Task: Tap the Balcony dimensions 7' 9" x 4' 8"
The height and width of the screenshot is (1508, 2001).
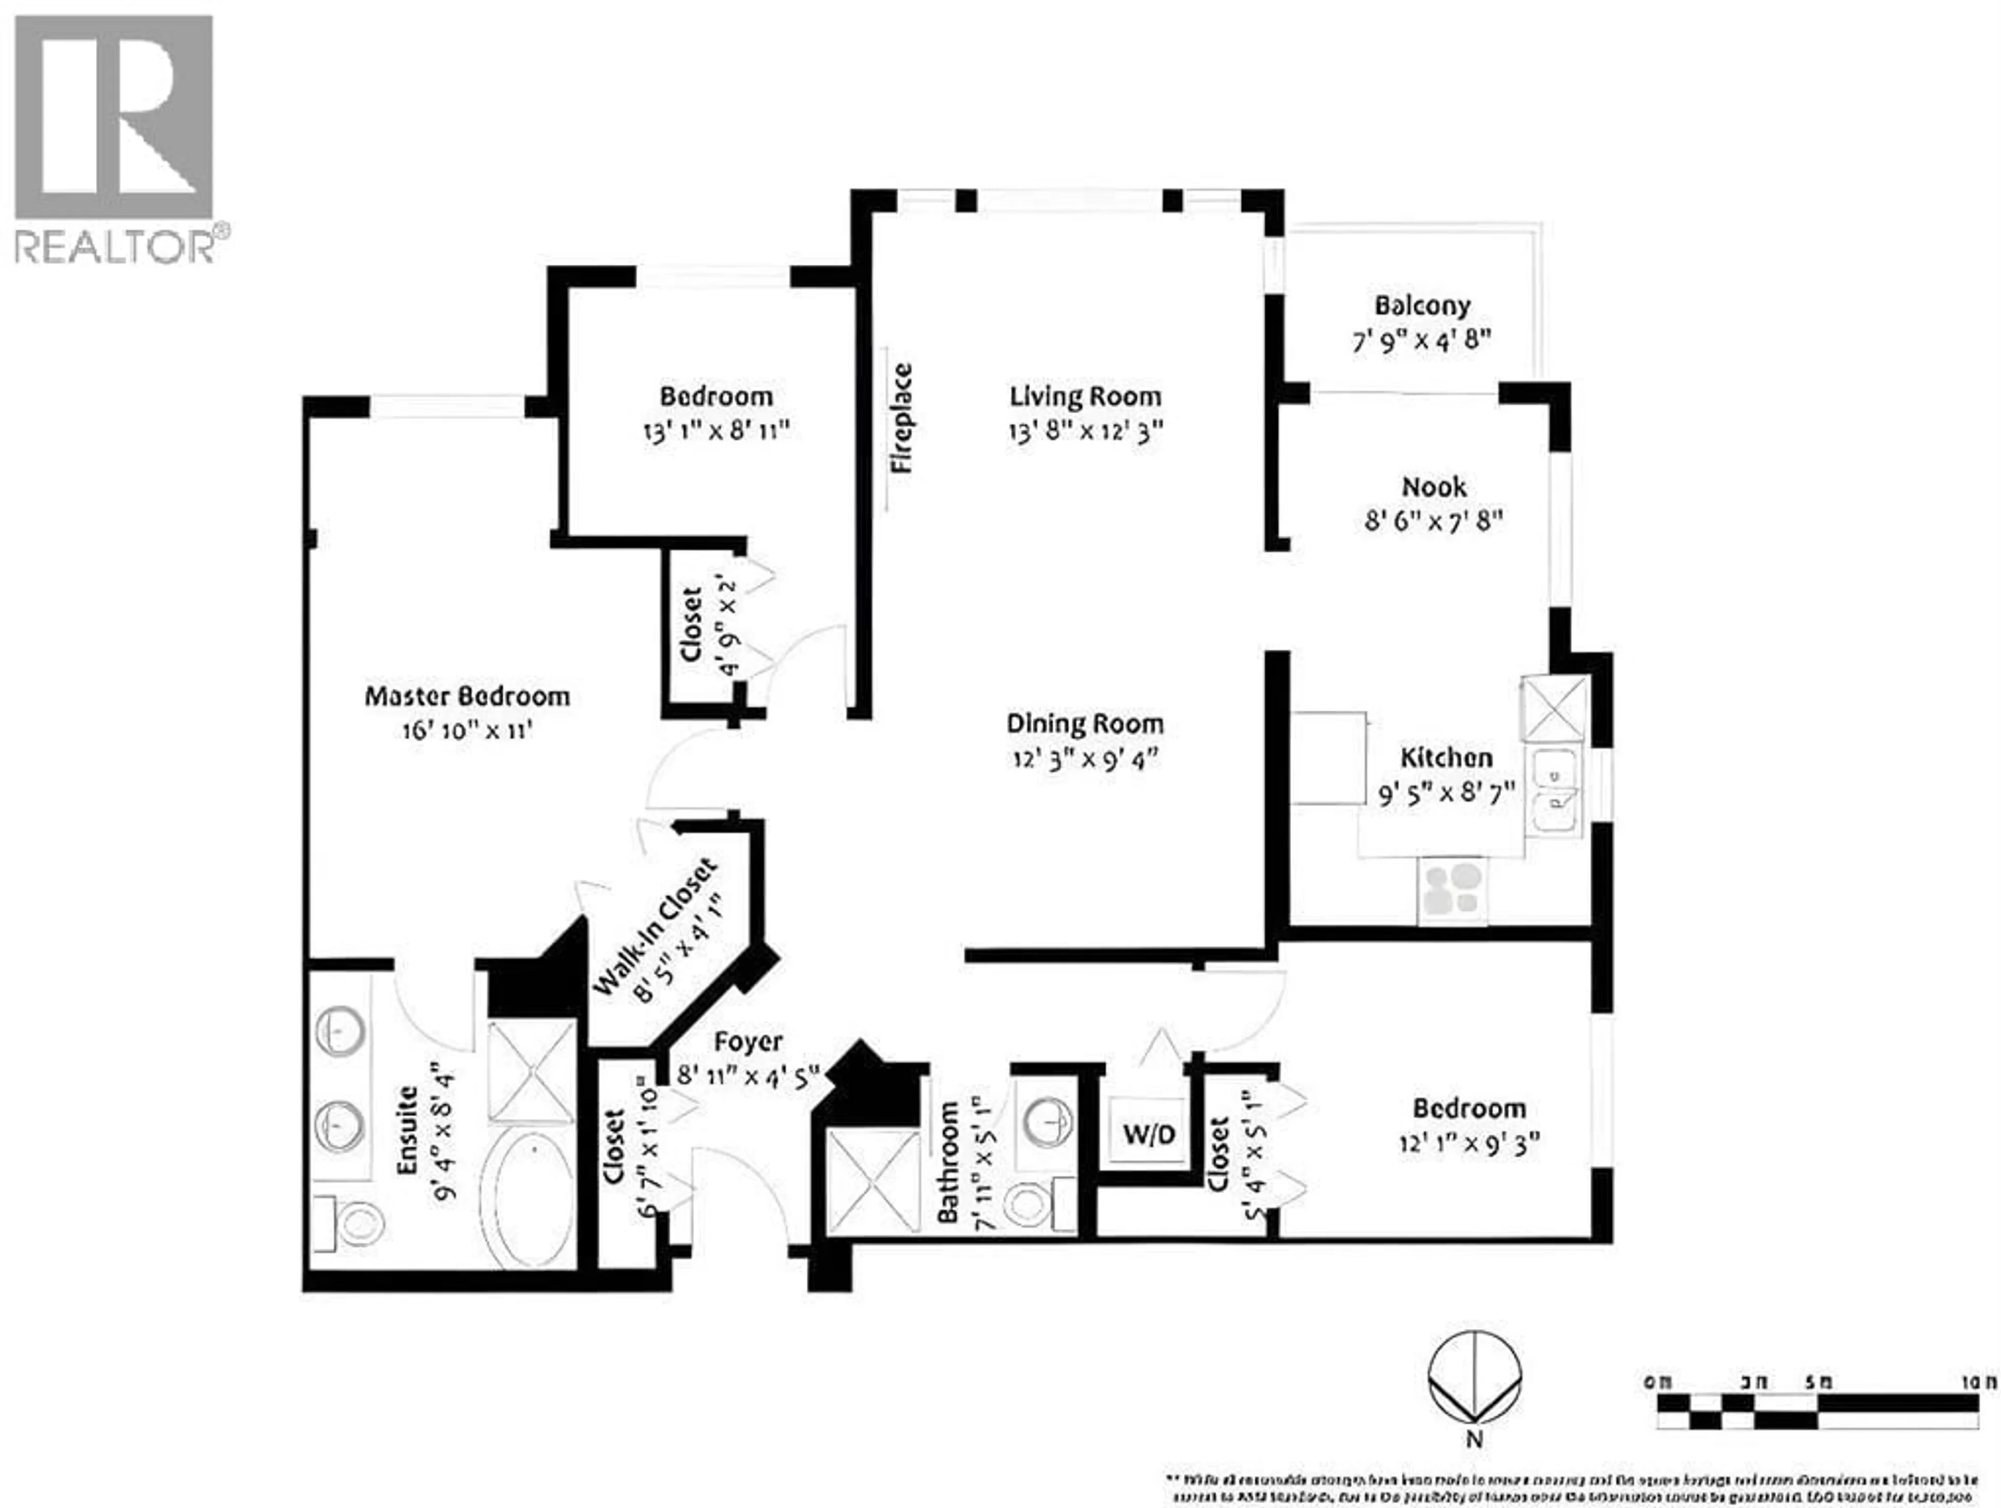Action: pyautogui.click(x=1421, y=341)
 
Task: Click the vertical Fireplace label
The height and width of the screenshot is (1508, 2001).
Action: pyautogui.click(x=902, y=418)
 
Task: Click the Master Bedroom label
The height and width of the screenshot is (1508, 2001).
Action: pyautogui.click(x=467, y=697)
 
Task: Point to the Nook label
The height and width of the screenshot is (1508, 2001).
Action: pyautogui.click(x=1434, y=487)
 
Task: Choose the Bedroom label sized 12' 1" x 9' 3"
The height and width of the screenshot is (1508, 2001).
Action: pyautogui.click(x=1468, y=1108)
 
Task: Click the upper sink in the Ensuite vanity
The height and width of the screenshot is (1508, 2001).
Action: pyautogui.click(x=340, y=1031)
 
